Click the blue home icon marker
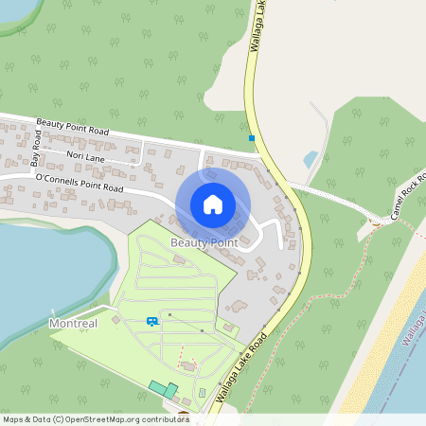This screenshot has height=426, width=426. [x=213, y=204]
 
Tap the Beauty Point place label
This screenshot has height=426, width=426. [x=204, y=243]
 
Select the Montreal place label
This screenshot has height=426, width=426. [x=73, y=324]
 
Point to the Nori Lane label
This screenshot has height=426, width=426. [x=85, y=155]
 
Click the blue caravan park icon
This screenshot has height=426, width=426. [x=151, y=322]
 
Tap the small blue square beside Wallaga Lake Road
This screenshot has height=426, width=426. [x=252, y=139]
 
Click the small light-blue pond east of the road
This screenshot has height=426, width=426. [x=311, y=158]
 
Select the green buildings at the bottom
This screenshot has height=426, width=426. [x=163, y=389]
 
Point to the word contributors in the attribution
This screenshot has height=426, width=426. [x=165, y=418]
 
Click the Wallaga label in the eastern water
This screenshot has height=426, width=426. [x=414, y=327]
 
